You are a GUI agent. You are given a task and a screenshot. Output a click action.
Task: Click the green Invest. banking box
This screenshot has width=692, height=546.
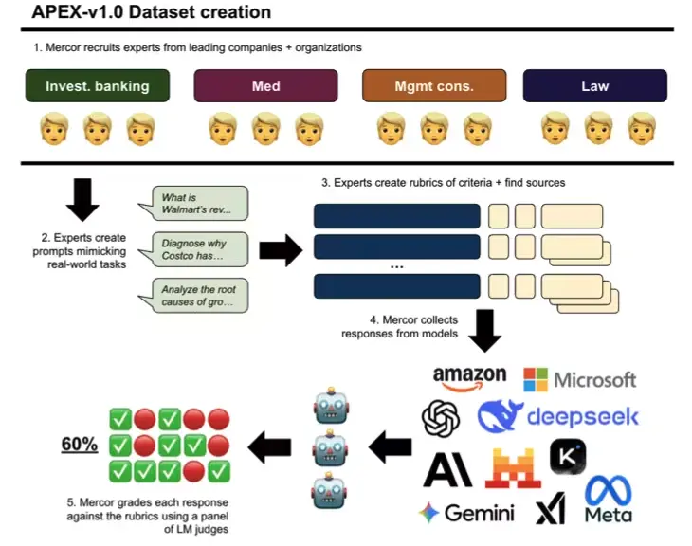tap(98, 86)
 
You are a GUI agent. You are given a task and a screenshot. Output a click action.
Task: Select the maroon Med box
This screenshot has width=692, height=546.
tap(265, 86)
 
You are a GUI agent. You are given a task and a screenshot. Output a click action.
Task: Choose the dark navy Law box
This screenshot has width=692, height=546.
tap(594, 86)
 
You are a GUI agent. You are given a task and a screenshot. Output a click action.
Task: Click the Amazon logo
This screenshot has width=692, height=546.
tap(469, 379)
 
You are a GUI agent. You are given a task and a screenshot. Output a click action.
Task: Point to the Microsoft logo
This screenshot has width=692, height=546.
tap(579, 379)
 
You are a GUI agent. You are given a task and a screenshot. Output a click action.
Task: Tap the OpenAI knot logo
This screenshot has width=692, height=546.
tap(442, 418)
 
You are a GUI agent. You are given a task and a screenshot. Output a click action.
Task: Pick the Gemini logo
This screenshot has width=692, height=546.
tap(466, 513)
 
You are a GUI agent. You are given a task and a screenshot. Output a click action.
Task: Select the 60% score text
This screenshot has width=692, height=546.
tap(80, 444)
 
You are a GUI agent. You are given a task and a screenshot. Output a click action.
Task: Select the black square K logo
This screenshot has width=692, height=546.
tap(568, 457)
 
